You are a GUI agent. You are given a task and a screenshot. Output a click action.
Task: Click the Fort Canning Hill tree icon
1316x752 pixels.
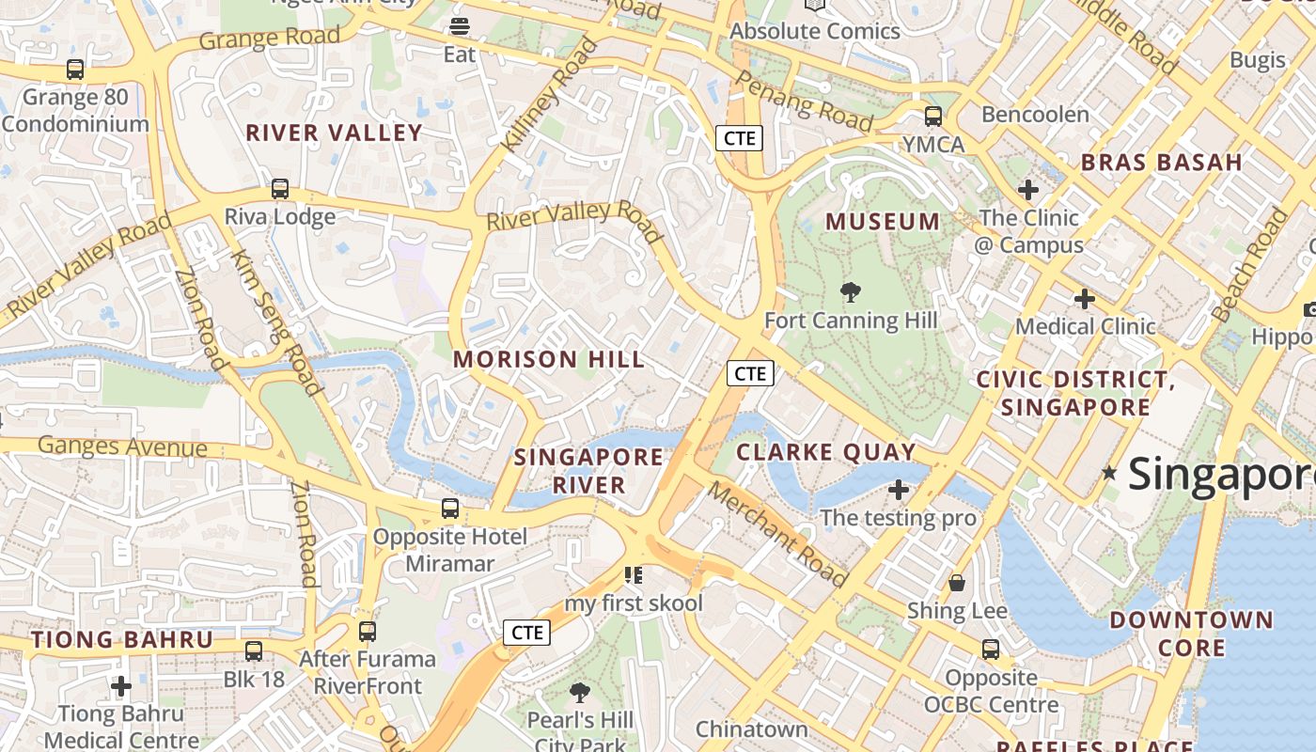[851, 292]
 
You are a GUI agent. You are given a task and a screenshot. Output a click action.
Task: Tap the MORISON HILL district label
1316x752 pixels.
[549, 359]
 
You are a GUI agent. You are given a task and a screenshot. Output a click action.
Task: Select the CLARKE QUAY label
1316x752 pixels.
[825, 452]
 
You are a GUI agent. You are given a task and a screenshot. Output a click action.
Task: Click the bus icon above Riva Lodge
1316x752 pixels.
[280, 188]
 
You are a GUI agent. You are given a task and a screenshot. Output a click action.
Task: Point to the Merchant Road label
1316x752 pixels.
[776, 533]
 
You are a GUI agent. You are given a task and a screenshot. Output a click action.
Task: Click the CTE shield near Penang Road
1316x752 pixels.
[739, 138]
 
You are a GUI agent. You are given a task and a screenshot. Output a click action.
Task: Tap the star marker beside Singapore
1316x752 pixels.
[1109, 473]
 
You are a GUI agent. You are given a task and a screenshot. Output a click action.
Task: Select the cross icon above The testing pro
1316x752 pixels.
[899, 490]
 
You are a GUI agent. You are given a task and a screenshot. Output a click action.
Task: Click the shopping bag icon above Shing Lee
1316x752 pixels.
[957, 583]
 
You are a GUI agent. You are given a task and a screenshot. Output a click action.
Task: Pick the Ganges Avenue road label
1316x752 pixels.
[122, 446]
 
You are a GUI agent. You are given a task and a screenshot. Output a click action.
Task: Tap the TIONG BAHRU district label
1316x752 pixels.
[122, 640]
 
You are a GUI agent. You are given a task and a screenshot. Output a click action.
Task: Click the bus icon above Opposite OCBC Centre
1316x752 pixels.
[991, 649]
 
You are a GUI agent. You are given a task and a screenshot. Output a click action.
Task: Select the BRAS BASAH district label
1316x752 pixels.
[1162, 162]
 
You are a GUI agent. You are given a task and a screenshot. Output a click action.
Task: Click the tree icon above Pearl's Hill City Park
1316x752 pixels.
[580, 693]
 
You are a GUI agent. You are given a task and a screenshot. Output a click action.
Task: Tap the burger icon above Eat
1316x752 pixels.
[460, 25]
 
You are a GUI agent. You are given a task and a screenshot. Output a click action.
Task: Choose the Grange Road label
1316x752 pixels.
[269, 39]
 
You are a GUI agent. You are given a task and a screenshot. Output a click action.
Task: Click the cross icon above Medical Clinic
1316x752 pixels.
[1085, 299]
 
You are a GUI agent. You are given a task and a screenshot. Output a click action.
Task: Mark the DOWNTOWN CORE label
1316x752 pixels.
[1191, 634]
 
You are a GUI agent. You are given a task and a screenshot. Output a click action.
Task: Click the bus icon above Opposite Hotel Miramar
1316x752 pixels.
[450, 509]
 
